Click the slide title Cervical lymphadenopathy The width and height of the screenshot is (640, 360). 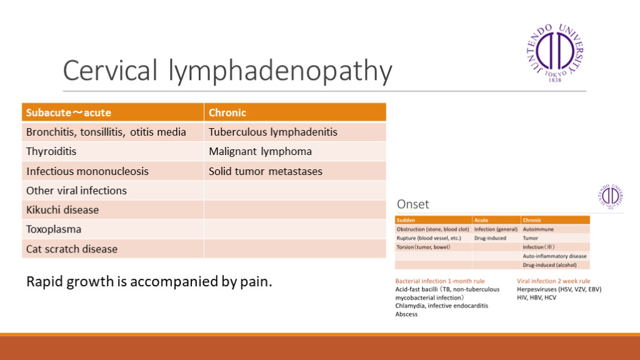click(x=227, y=71)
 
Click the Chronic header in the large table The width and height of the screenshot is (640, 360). click(x=227, y=112)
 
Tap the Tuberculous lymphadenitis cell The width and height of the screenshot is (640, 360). click(x=273, y=132)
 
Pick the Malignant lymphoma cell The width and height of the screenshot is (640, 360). click(x=260, y=151)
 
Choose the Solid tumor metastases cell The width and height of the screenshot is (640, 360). click(x=266, y=171)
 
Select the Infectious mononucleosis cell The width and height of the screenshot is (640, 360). click(x=87, y=171)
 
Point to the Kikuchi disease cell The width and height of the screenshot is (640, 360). click(x=62, y=209)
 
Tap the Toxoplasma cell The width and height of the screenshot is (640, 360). click(x=54, y=229)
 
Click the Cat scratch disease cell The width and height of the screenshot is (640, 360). click(x=72, y=249)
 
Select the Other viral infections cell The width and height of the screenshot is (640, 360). click(x=76, y=190)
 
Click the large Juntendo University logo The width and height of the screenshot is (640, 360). click(x=555, y=53)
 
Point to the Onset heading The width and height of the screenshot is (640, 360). click(x=413, y=204)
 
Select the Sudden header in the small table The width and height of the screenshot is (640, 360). click(x=406, y=220)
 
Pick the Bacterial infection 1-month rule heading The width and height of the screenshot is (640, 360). click(x=439, y=281)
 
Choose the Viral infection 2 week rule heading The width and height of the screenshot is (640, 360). click(x=553, y=281)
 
